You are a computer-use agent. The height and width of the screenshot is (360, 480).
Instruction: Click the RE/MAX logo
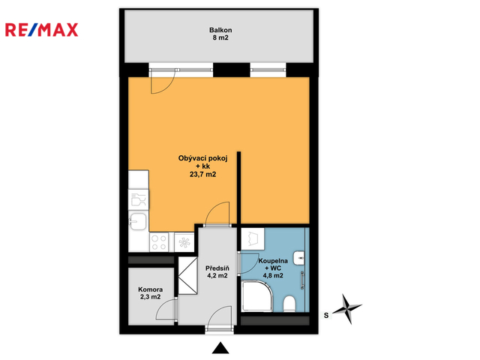[42, 30]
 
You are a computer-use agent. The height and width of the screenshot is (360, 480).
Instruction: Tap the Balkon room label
[220, 30]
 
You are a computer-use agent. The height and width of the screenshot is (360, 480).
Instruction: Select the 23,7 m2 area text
[202, 175]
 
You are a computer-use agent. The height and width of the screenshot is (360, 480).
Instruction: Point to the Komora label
[150, 289]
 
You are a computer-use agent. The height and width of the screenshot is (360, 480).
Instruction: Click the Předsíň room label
[217, 268]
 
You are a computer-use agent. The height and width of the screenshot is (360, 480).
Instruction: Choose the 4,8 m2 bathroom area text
[273, 275]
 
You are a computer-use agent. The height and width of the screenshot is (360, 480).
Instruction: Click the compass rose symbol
[347, 309]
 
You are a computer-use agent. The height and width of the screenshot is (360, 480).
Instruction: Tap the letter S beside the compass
[326, 315]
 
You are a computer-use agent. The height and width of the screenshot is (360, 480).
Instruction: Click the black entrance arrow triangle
[220, 348]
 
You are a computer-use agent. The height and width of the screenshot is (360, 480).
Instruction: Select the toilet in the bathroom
[289, 304]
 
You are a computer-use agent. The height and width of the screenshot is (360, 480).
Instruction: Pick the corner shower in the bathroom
[256, 296]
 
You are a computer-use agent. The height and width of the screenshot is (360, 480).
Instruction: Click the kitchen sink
[138, 221]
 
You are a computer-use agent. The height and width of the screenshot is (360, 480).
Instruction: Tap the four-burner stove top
[159, 242]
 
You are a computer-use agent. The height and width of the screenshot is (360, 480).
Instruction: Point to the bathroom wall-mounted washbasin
[299, 258]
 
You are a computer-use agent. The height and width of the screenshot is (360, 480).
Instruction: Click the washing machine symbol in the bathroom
[253, 239]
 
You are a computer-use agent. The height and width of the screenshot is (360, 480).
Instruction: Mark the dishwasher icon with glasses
[138, 199]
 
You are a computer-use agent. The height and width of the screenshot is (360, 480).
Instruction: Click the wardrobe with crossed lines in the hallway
[187, 276]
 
